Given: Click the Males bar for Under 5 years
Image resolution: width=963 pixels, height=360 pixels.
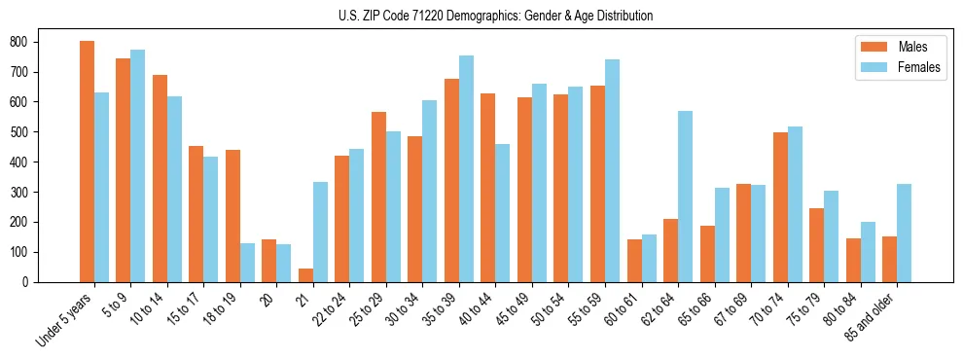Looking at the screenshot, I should (x=87, y=162).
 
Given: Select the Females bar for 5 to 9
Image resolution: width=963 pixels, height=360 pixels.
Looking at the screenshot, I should (x=137, y=165).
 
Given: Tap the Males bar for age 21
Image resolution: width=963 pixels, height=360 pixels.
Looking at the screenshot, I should (x=305, y=275).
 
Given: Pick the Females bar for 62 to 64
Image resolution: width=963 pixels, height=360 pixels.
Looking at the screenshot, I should (x=685, y=197).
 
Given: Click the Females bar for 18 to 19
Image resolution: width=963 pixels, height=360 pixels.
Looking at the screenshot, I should (x=247, y=263).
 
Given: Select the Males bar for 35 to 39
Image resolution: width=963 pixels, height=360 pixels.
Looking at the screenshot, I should (x=451, y=180).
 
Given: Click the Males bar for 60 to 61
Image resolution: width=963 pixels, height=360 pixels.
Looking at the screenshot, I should (x=634, y=261).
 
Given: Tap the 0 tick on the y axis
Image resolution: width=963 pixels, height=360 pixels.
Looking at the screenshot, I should (x=28, y=282).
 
